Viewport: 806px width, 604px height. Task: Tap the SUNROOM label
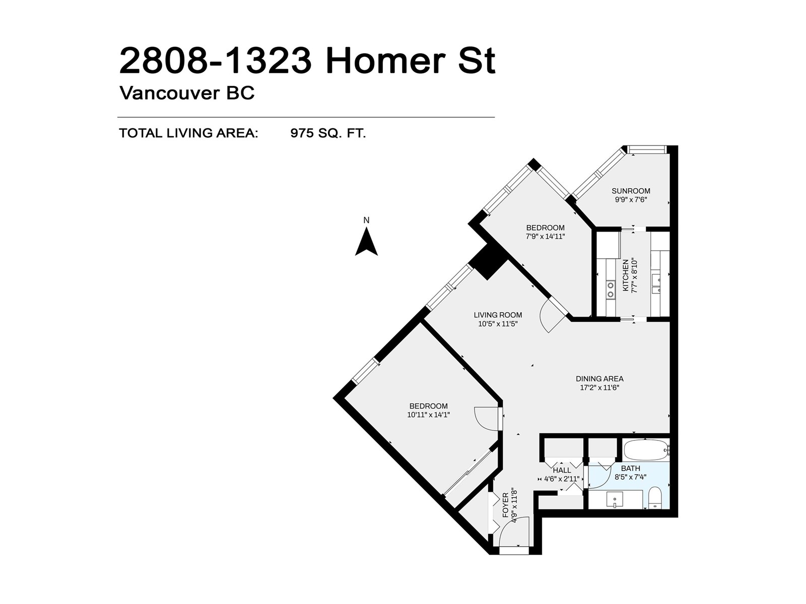pos(631,191)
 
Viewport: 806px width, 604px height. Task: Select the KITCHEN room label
pos(625,275)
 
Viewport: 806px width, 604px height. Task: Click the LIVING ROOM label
pos(498,315)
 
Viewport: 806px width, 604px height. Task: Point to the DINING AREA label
pos(599,379)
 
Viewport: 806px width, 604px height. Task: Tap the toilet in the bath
pos(654,498)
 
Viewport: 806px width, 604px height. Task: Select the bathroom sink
pos(615,499)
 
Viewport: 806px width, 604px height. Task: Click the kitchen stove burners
pos(610,289)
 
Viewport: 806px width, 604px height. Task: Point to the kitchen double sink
pos(656,284)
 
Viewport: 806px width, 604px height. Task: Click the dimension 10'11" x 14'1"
pos(429,415)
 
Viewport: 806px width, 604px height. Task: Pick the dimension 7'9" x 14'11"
pos(545,237)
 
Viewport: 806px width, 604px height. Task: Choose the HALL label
pos(562,470)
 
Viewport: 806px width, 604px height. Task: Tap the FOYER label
pos(506,505)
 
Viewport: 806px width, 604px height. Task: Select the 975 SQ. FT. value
pos(328,133)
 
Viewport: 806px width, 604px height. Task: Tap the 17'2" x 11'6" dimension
pos(599,388)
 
